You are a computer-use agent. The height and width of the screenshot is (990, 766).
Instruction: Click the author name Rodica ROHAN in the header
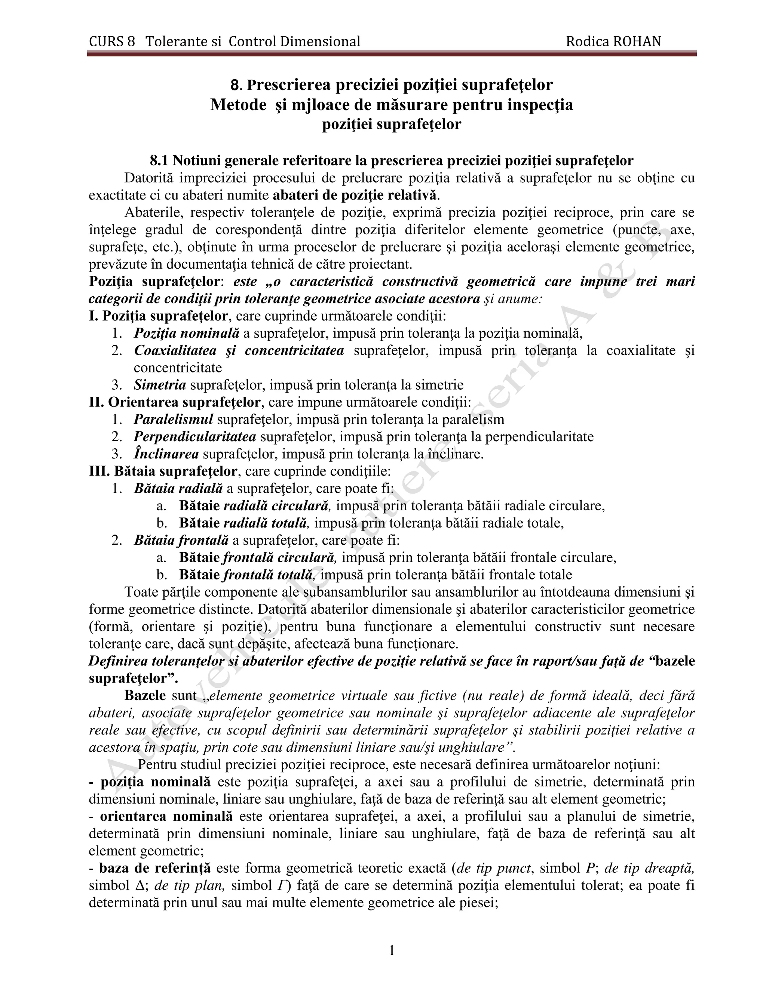[x=613, y=42]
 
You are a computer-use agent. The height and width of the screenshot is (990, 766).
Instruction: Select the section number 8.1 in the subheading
[x=159, y=161]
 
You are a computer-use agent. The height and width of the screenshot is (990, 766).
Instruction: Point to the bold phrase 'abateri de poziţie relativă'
[x=356, y=195]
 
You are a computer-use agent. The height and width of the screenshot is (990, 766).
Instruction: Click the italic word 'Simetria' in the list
[x=160, y=385]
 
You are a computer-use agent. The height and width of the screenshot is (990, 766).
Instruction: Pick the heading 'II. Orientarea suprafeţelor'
[x=175, y=402]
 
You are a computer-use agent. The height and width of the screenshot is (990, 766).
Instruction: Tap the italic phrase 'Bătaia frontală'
[x=181, y=540]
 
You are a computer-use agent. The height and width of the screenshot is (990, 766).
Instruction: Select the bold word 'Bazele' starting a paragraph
[x=145, y=695]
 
